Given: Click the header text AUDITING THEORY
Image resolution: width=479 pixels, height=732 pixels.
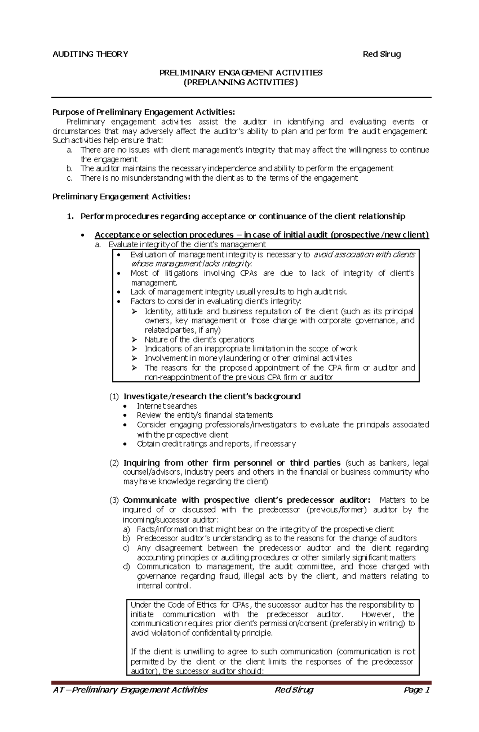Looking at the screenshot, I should (90, 54).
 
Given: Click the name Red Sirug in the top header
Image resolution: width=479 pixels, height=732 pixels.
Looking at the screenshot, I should (381, 54).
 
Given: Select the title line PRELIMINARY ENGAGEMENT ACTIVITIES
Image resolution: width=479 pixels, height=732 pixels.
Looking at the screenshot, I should (241, 73).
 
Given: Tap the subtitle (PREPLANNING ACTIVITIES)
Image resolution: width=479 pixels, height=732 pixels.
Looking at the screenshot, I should (241, 83).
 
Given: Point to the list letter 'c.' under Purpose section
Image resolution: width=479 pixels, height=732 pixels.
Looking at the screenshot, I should (70, 178).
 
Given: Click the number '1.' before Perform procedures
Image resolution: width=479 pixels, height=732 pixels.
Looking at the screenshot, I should (70, 216).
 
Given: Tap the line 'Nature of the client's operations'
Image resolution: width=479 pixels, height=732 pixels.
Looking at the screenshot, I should (199, 339).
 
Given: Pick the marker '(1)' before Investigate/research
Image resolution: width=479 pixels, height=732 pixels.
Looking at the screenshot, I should (114, 397).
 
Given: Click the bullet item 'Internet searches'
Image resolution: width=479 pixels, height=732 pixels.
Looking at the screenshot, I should (167, 406).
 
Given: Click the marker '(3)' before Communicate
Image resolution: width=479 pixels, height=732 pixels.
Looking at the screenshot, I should (114, 500).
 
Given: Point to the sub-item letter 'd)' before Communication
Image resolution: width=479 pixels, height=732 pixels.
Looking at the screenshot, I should (127, 566).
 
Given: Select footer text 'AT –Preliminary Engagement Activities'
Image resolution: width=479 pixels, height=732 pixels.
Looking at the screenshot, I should (130, 690).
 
